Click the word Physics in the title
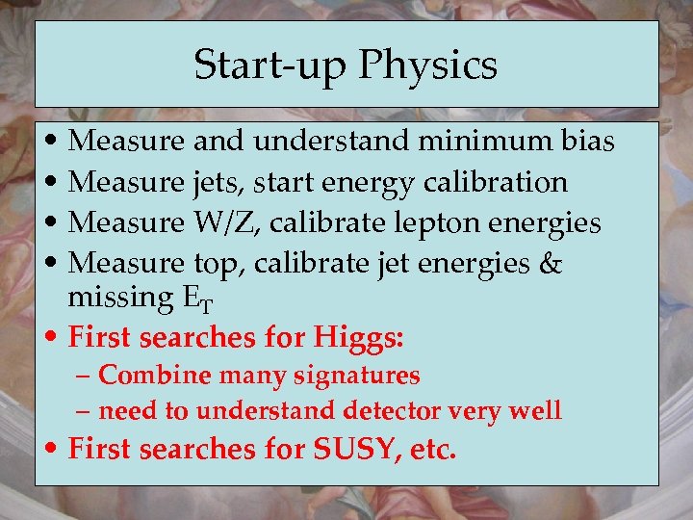coord(428,65)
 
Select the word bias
coord(585,142)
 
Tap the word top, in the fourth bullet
coord(220,263)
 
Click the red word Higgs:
coord(358,338)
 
